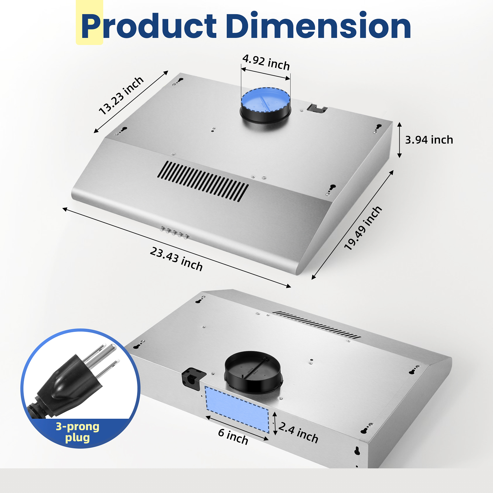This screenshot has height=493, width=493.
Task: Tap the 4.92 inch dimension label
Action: click(x=266, y=62)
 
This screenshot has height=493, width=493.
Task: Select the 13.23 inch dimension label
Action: click(x=121, y=96)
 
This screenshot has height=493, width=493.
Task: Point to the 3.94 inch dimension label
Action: click(x=429, y=140)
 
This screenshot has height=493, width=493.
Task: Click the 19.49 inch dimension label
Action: click(x=363, y=228)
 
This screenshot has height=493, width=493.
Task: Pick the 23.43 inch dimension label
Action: click(x=176, y=259)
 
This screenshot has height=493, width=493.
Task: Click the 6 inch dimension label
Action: click(x=233, y=437)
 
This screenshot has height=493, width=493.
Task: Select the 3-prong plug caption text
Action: click(x=77, y=432)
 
